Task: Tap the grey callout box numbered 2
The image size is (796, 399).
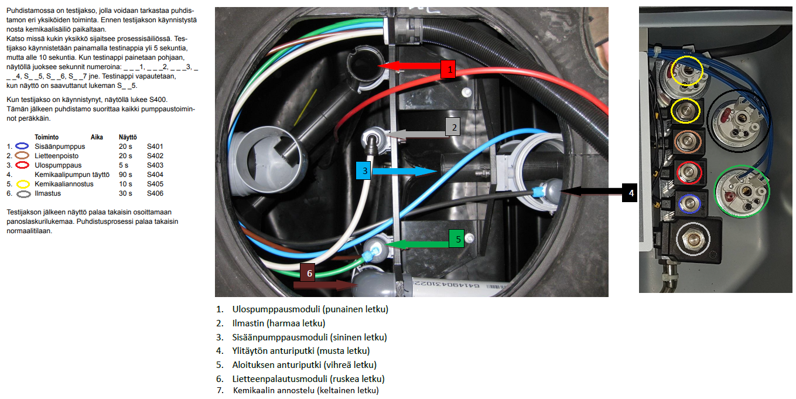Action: (x=453, y=127)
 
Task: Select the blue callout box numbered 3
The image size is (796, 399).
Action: (x=364, y=170)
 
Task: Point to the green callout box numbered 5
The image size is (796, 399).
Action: (x=457, y=238)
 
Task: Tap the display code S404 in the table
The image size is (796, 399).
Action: (x=155, y=175)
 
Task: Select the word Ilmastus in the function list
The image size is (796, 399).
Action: (x=47, y=193)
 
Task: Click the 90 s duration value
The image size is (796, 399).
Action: (x=125, y=175)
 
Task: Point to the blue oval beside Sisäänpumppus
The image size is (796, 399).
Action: (x=22, y=146)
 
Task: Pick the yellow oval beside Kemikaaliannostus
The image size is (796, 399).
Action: (x=23, y=184)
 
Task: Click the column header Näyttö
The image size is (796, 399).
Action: (x=128, y=137)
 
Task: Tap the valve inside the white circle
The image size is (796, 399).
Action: (x=692, y=238)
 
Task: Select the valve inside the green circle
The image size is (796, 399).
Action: (x=742, y=191)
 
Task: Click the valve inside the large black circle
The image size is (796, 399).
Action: (x=738, y=120)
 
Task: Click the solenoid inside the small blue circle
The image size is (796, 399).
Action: (x=689, y=204)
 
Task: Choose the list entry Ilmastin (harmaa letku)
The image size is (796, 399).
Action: (x=279, y=323)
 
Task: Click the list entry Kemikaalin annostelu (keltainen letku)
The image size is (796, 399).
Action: (x=306, y=390)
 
